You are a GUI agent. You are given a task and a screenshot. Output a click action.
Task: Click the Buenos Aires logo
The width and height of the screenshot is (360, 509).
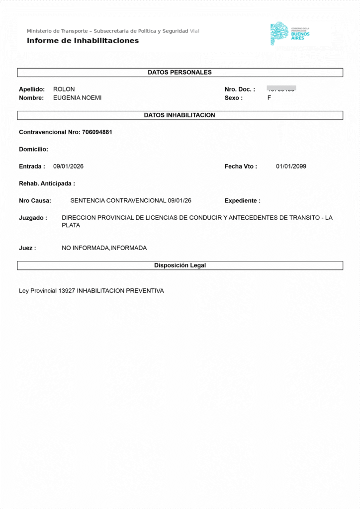[x=290, y=33]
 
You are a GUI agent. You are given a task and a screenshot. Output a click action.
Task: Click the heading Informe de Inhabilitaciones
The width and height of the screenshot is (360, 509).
[x=83, y=41]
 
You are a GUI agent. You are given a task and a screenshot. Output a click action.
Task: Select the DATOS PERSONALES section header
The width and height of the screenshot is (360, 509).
[x=180, y=73]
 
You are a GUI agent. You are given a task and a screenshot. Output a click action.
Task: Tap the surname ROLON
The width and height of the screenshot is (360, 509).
[x=64, y=89]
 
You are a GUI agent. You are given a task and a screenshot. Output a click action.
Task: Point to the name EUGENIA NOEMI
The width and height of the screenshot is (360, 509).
[x=77, y=98]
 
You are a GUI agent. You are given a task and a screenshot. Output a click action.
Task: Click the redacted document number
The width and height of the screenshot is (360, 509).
[x=281, y=89]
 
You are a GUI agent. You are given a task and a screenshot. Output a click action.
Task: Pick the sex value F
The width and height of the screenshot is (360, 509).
[x=269, y=98]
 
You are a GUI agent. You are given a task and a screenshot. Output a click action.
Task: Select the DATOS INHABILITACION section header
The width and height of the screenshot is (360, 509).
[x=180, y=115]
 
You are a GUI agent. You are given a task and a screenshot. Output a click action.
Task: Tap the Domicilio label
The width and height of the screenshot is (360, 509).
[x=33, y=149]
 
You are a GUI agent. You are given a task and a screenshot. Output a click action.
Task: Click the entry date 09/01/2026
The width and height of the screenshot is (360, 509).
[x=68, y=167]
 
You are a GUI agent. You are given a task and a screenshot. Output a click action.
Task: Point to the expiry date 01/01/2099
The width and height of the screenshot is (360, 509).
[x=291, y=167]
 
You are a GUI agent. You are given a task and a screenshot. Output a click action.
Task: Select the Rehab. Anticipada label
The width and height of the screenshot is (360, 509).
[x=47, y=183]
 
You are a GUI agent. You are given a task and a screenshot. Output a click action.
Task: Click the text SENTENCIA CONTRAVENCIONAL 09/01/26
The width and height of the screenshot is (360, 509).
[x=131, y=201]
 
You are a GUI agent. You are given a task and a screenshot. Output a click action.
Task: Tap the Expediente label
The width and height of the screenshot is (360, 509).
[x=242, y=201]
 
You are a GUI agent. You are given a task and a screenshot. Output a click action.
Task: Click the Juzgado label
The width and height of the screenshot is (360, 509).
[x=33, y=218]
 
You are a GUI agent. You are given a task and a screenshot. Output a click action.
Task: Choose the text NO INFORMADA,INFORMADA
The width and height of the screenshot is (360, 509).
[x=104, y=248]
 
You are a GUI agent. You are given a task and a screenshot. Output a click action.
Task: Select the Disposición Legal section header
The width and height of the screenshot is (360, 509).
[x=180, y=265]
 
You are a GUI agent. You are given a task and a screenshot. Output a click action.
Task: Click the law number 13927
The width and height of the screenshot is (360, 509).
[x=67, y=291]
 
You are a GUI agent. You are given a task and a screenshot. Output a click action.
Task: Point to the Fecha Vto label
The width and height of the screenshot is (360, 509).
[x=241, y=167]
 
